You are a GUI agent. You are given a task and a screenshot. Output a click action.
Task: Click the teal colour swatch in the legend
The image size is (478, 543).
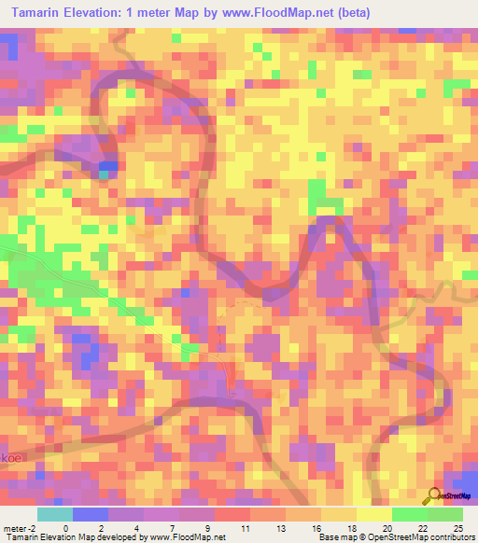54,514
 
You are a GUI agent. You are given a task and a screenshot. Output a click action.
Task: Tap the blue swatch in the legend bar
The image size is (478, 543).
90,514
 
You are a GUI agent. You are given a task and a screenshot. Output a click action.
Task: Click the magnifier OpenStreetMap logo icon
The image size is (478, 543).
433,496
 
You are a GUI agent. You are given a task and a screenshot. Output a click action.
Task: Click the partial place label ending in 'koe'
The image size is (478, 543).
8,484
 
